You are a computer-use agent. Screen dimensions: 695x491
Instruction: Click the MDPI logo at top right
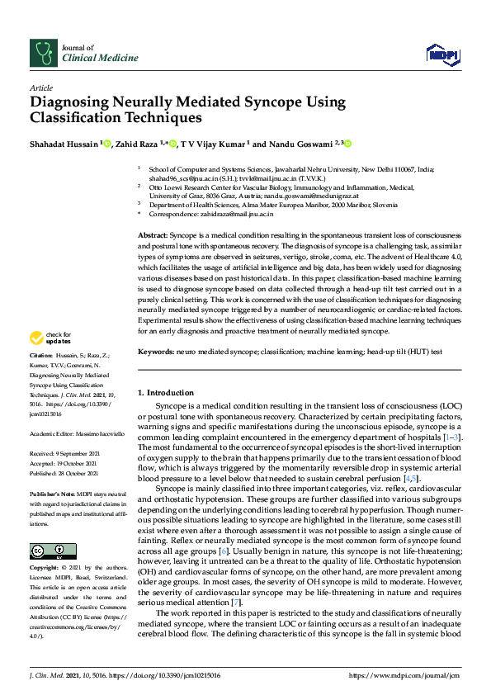[442, 54]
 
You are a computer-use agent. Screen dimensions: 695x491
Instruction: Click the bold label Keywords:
[154, 352]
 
